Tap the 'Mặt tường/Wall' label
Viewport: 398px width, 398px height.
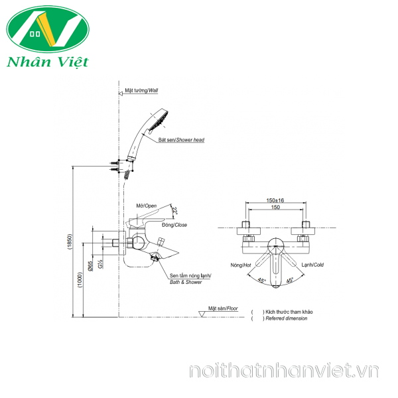(142, 90)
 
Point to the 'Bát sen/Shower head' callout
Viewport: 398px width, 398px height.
(181, 141)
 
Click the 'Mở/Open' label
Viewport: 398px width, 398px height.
(145, 206)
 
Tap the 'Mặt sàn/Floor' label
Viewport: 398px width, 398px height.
(223, 309)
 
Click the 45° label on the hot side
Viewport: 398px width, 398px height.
(262, 281)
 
